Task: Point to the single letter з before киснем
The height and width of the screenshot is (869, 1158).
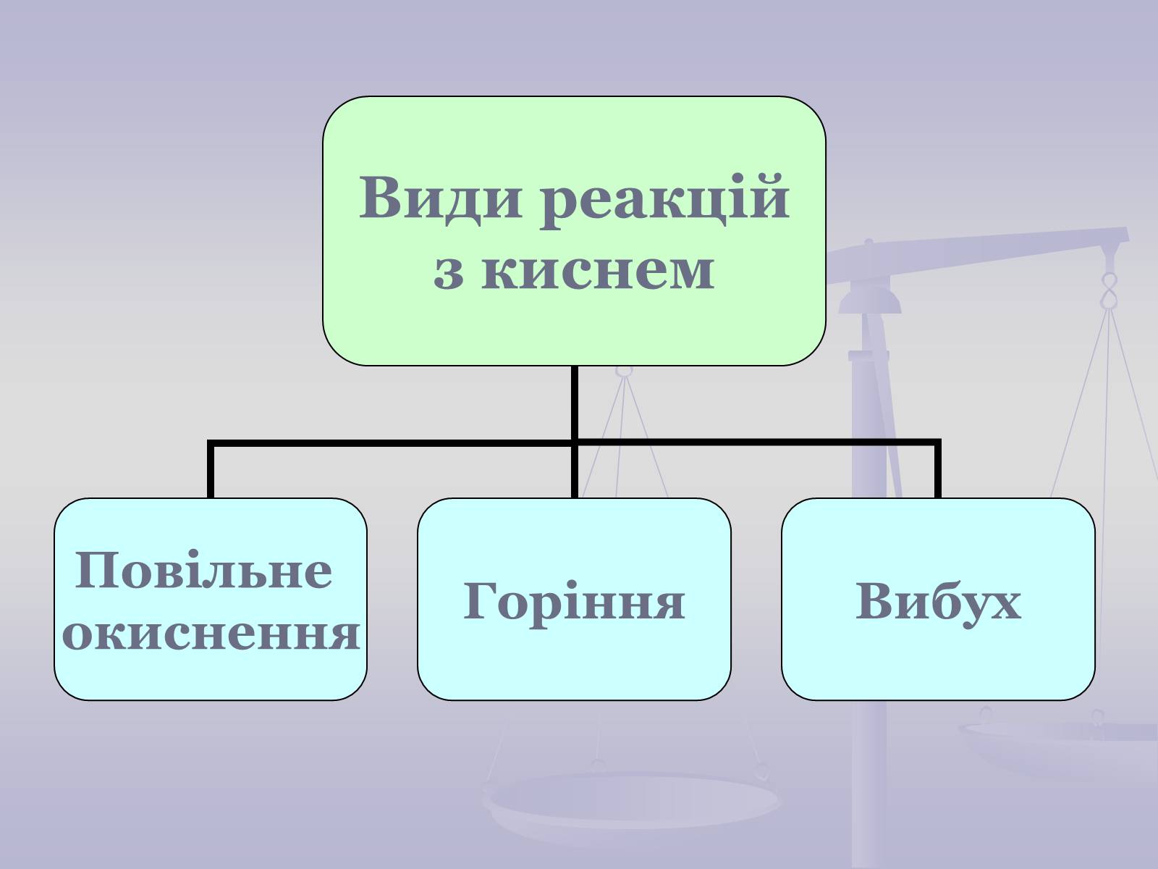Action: click(x=449, y=272)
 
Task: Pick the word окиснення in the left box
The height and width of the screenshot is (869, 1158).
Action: click(x=211, y=633)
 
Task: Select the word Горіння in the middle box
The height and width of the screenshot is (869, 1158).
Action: click(x=573, y=600)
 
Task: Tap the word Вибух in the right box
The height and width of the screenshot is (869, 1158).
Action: click(x=938, y=600)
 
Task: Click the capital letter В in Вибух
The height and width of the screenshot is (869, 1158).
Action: click(x=874, y=600)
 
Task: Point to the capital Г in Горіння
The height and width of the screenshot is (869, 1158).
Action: click(x=481, y=600)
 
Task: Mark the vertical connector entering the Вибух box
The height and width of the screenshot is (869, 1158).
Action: click(x=938, y=471)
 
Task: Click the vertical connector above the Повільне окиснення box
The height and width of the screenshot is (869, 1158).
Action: click(x=211, y=471)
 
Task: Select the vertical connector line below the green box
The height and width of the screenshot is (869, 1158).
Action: click(x=574, y=402)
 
